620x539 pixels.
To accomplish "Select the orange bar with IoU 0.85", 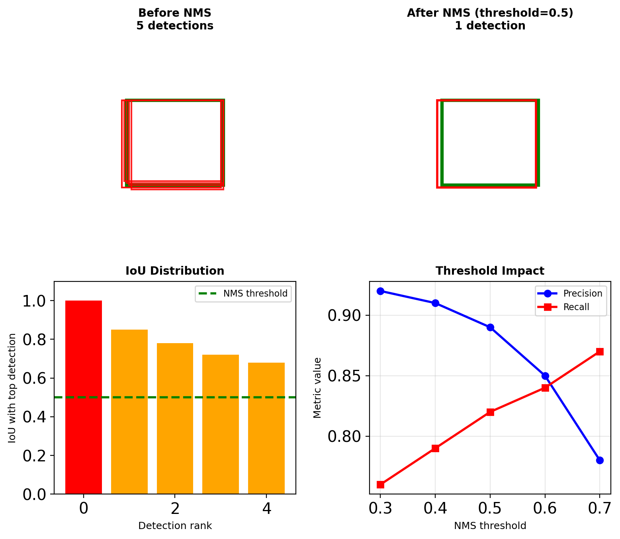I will (x=129, y=412).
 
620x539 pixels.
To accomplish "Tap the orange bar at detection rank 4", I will (x=266, y=428).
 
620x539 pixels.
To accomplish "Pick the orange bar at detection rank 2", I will (x=175, y=418).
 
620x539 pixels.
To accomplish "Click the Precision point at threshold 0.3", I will (x=380, y=291).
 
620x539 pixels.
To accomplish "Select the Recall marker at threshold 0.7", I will (x=600, y=352).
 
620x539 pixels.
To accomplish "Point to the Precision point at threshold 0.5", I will (x=490, y=327).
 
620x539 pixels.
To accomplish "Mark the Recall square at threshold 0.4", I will (x=435, y=448).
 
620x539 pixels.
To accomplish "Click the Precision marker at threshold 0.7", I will (x=600, y=460).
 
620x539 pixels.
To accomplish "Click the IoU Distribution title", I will (x=175, y=271).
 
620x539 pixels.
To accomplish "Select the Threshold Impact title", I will (x=490, y=271).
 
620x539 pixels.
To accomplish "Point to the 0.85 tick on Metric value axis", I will (x=343, y=376).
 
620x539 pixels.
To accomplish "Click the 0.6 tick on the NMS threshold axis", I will (x=545, y=508).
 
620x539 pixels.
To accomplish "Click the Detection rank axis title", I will (x=175, y=526).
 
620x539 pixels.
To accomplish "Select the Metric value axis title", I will (x=317, y=388).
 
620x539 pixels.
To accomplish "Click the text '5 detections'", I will (x=175, y=26).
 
